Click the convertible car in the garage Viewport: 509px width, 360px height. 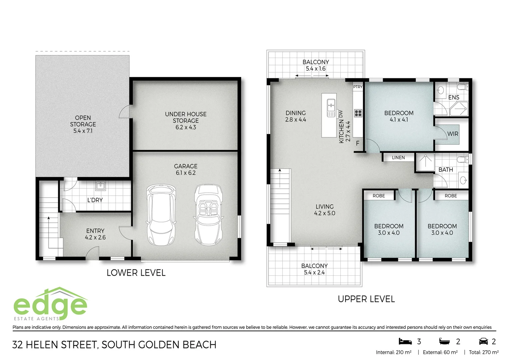[209, 215]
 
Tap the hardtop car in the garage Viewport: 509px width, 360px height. [161, 215]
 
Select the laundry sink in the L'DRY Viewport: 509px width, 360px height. [100, 186]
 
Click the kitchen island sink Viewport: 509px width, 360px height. [331, 108]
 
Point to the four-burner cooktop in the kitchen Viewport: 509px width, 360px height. [358, 113]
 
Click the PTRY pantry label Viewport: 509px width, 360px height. [358, 87]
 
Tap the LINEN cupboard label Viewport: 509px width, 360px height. [398, 158]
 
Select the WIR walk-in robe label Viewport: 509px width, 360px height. [453, 134]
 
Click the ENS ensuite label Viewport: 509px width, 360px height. [453, 97]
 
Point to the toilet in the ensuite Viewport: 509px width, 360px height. [462, 88]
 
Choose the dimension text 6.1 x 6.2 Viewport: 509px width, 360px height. [186, 173]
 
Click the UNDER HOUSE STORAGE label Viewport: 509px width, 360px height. [186, 117]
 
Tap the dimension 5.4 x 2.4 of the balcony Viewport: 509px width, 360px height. [314, 272]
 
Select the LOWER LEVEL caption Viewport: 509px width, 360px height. [136, 273]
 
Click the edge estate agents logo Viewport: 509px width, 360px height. [50, 304]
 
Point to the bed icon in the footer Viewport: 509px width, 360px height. [405, 341]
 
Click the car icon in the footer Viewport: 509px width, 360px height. [483, 341]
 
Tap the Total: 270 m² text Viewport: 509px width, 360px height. [483, 352]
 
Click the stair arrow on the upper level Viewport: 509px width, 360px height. [280, 171]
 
